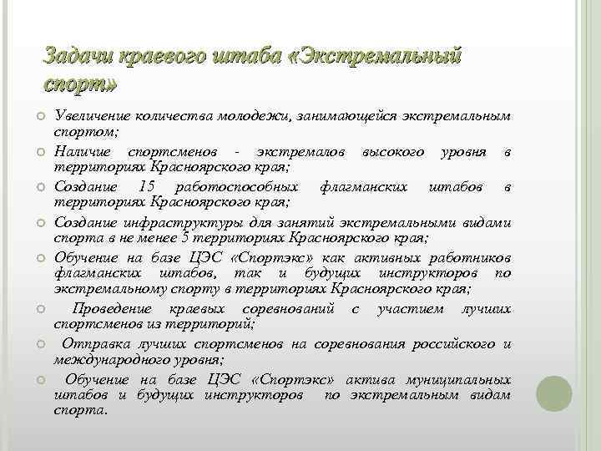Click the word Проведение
point(105,310)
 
